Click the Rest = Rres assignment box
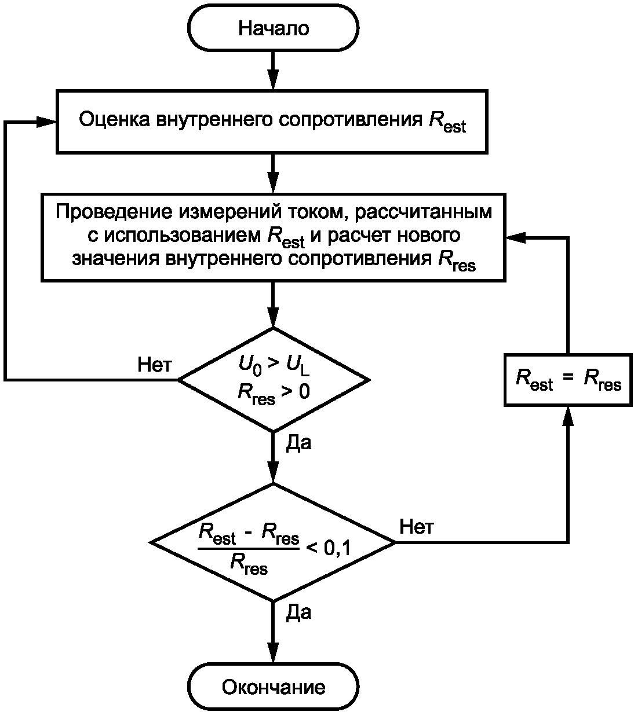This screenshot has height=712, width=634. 568,380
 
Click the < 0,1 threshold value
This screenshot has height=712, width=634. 328,546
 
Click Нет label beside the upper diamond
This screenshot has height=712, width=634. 155,365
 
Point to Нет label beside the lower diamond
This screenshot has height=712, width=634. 417,527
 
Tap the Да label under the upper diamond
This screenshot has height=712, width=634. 298,443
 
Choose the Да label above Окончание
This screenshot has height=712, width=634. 298,613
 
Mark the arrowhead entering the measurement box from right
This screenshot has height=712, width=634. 515,237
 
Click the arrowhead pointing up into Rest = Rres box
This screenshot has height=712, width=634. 568,416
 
